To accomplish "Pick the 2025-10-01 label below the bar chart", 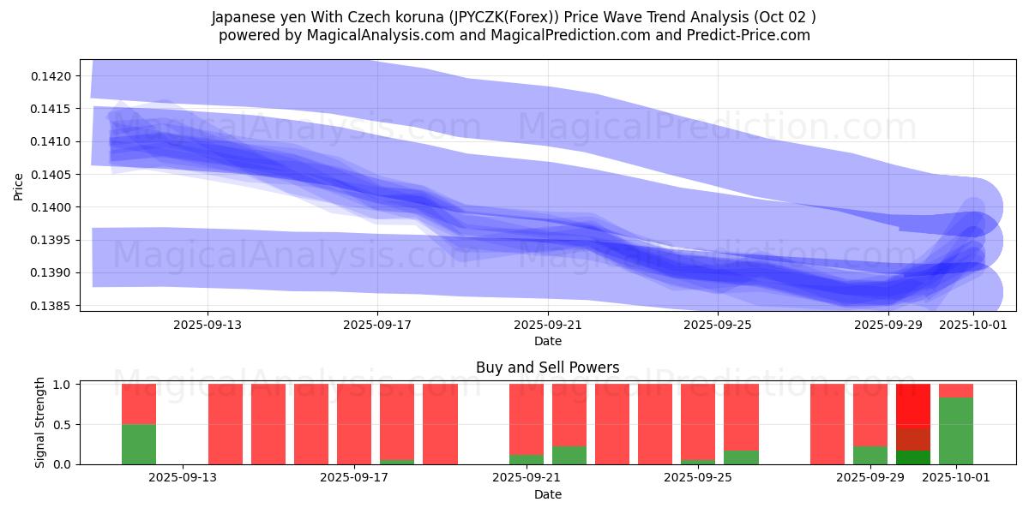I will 956,478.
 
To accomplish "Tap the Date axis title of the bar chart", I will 548,494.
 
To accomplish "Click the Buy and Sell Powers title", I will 548,368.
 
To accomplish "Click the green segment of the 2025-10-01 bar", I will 956,431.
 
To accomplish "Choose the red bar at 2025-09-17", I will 354,424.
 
